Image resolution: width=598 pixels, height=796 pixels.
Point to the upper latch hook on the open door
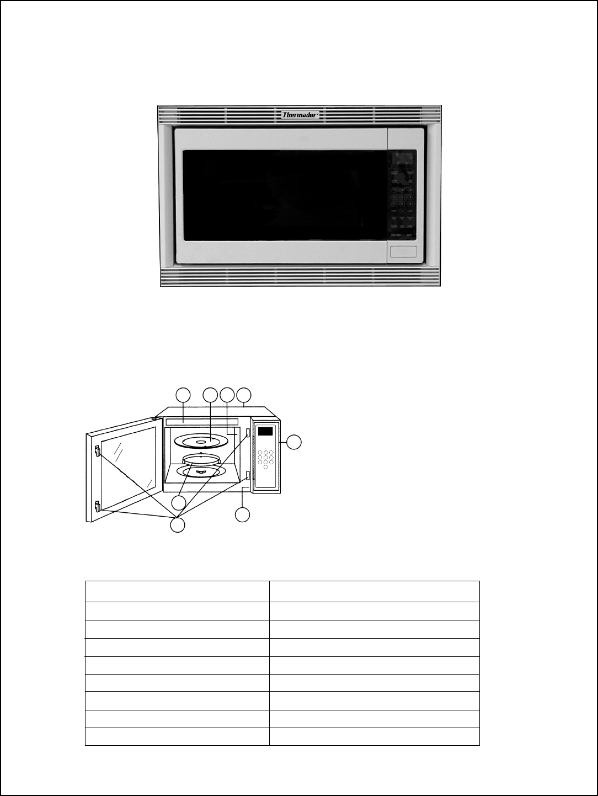[x=97, y=451]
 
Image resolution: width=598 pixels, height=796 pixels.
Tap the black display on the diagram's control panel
[x=266, y=431]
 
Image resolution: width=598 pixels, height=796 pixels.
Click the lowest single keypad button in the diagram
[x=265, y=467]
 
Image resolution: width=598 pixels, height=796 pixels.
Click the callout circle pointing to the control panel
[x=295, y=442]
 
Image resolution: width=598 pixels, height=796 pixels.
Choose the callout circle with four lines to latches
[x=177, y=526]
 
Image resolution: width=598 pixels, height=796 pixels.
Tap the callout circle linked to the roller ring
[x=178, y=502]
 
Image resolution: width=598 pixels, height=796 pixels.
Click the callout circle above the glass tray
[x=210, y=395]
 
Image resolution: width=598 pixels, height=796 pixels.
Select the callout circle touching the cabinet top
[x=244, y=395]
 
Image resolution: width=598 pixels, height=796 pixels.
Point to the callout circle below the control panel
[x=242, y=514]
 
